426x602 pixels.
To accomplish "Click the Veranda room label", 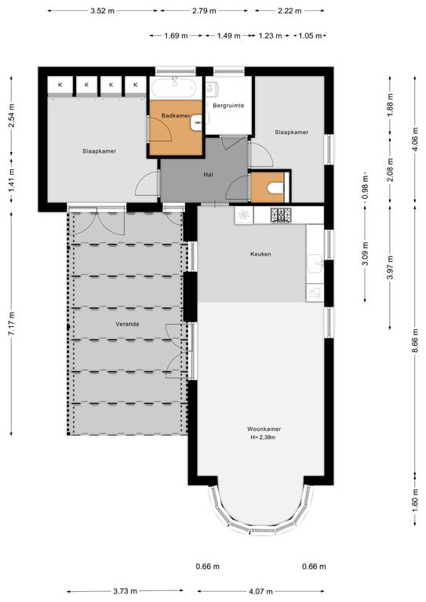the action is pyautogui.click(x=127, y=324).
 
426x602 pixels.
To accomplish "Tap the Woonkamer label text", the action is pyautogui.click(x=264, y=429).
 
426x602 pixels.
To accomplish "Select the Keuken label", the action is pyautogui.click(x=260, y=254).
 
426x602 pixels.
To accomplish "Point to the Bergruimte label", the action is pyautogui.click(x=228, y=105).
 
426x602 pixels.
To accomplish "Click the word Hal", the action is pyautogui.click(x=208, y=174).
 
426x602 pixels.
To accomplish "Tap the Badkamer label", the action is pyautogui.click(x=176, y=115).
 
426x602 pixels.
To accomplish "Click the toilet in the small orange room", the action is pyautogui.click(x=275, y=188).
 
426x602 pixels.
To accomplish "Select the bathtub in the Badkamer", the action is pyautogui.click(x=174, y=88).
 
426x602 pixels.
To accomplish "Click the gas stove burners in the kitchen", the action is pyautogui.click(x=281, y=215).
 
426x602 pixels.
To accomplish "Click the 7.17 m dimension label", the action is pyautogui.click(x=12, y=323).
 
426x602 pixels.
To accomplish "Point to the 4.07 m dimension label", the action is pyautogui.click(x=261, y=591).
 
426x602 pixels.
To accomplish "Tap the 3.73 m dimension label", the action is pyautogui.click(x=126, y=591).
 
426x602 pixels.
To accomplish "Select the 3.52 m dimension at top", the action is pyautogui.click(x=102, y=11).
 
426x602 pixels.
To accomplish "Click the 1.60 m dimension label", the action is pyautogui.click(x=415, y=498).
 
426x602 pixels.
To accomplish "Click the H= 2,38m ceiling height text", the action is pyautogui.click(x=263, y=437).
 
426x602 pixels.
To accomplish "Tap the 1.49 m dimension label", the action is pyautogui.click(x=228, y=36).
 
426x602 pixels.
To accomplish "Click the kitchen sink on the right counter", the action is pyautogui.click(x=315, y=263).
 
